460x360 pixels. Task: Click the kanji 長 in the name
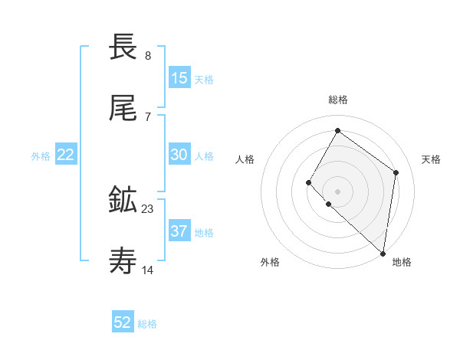(x=123, y=47)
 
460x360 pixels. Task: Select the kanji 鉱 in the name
(x=123, y=200)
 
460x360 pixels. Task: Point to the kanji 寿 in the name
(x=123, y=261)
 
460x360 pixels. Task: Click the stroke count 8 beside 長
(x=147, y=56)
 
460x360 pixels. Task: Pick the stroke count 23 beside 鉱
(x=147, y=208)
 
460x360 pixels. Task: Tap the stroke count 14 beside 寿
(x=148, y=270)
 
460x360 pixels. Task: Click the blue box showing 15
(x=179, y=77)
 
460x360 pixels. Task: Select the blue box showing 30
(x=179, y=155)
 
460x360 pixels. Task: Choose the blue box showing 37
(x=179, y=231)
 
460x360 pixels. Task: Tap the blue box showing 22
(x=66, y=155)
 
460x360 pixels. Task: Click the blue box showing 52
(x=123, y=322)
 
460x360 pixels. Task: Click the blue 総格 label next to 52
(x=147, y=324)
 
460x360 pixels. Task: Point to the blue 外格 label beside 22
(x=41, y=156)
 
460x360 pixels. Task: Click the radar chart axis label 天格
(x=431, y=159)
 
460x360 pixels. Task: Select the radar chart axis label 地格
(x=402, y=262)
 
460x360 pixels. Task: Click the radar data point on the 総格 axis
(x=337, y=130)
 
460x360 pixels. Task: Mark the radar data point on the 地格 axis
(x=383, y=253)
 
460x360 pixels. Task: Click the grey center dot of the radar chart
(x=337, y=191)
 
